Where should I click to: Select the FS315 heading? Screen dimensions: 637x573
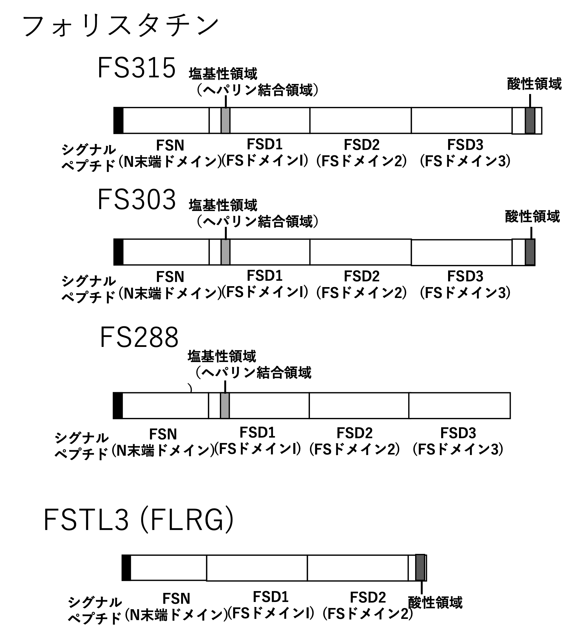pyautogui.click(x=136, y=68)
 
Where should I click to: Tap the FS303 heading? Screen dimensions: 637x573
pyautogui.click(x=136, y=200)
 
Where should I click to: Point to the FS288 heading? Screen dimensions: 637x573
pyautogui.click(x=139, y=338)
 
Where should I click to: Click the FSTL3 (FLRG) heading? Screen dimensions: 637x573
pyautogui.click(x=138, y=520)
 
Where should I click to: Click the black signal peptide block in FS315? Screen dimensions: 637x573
pyautogui.click(x=118, y=121)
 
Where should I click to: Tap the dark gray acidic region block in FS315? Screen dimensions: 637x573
pyautogui.click(x=530, y=121)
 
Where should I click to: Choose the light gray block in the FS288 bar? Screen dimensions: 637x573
pyautogui.click(x=224, y=406)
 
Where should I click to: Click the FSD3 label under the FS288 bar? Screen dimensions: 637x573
pyautogui.click(x=458, y=433)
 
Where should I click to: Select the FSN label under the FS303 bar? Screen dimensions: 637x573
pyautogui.click(x=170, y=277)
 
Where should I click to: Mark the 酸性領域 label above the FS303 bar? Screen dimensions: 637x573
pyautogui.click(x=532, y=217)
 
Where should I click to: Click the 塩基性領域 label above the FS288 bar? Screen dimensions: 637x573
pyautogui.click(x=222, y=356)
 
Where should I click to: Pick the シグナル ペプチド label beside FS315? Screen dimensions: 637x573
pyautogui.click(x=89, y=158)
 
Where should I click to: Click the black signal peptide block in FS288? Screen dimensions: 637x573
pyautogui.click(x=118, y=406)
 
